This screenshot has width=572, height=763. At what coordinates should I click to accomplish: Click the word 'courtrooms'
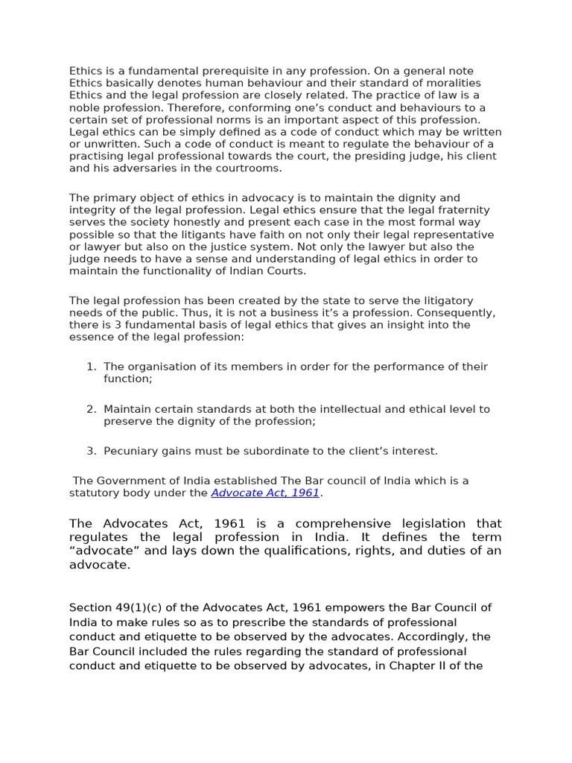click(x=251, y=168)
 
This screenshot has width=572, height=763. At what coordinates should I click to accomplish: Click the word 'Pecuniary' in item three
click(x=129, y=451)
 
